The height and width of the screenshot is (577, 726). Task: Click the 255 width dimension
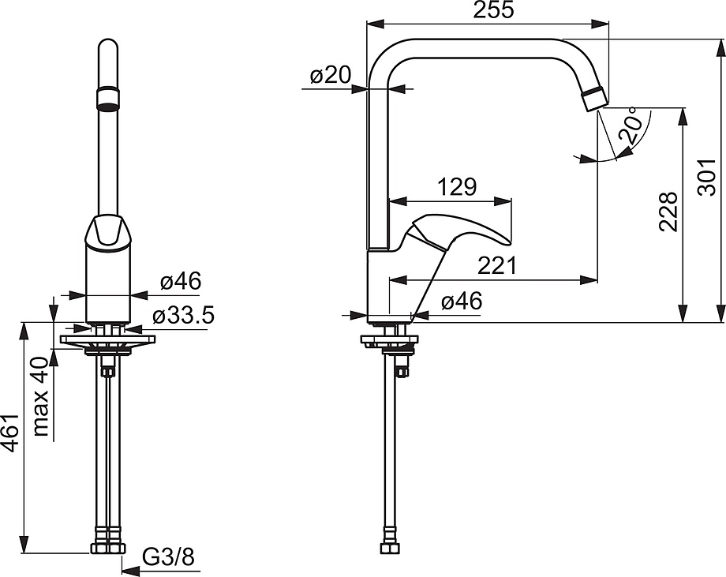pyautogui.click(x=493, y=10)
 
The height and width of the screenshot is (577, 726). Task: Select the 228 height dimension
pyautogui.click(x=668, y=212)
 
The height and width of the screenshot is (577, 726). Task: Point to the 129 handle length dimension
pyautogui.click(x=457, y=187)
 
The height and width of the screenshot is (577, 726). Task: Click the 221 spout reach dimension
pyautogui.click(x=496, y=265)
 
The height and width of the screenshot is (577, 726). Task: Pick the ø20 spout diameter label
pyautogui.click(x=331, y=74)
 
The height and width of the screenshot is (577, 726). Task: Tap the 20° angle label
pyautogui.click(x=632, y=125)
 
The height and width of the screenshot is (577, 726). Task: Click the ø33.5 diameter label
pyautogui.click(x=183, y=316)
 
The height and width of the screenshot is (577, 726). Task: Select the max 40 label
pyautogui.click(x=42, y=396)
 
